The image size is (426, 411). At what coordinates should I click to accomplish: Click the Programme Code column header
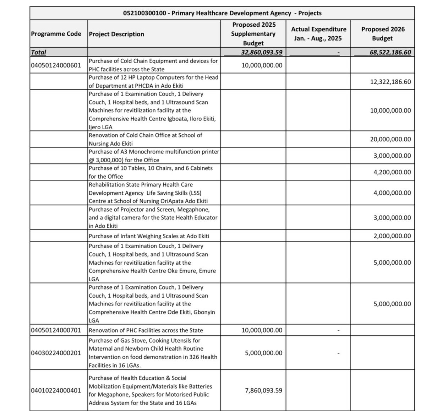(56, 34)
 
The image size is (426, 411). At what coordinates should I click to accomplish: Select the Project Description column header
(116, 34)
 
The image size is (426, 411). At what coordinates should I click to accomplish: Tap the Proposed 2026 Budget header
(383, 34)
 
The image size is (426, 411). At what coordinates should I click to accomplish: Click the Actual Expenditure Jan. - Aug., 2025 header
(318, 34)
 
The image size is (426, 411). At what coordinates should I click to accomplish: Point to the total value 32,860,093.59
(260, 52)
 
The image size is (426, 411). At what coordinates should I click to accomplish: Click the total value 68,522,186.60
(390, 52)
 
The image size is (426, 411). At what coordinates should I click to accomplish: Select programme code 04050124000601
(56, 65)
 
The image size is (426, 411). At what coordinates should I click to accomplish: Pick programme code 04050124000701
(56, 330)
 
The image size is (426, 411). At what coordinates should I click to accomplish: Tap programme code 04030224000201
(56, 353)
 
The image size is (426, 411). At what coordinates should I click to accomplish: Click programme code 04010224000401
(56, 390)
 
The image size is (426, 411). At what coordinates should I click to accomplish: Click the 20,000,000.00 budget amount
(390, 139)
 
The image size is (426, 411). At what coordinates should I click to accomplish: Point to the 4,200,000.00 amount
(392, 172)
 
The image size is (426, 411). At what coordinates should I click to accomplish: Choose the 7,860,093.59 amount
(263, 390)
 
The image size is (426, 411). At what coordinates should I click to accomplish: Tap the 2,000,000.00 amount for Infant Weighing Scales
(392, 236)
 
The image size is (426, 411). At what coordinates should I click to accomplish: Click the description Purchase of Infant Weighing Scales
(149, 236)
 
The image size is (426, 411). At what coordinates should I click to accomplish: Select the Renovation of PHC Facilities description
(146, 330)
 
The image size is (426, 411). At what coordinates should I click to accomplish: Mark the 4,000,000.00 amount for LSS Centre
(392, 193)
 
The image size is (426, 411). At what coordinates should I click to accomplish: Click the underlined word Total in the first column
(39, 52)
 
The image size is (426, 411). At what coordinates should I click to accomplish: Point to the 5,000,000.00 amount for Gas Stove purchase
(263, 353)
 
